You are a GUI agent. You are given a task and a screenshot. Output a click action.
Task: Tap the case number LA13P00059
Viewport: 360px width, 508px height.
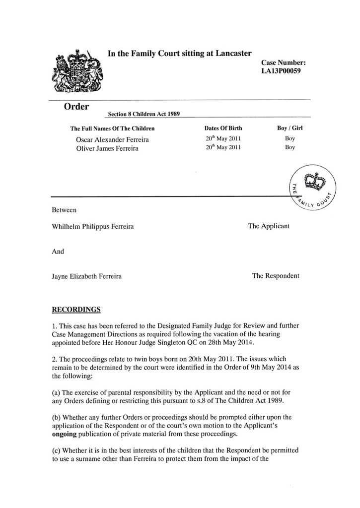click(x=281, y=71)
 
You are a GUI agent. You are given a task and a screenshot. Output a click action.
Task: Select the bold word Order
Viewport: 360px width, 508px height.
click(x=76, y=107)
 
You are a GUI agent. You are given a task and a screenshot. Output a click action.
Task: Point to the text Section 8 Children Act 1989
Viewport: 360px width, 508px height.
click(x=144, y=114)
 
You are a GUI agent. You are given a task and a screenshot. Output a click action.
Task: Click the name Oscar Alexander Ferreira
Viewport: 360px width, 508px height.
click(x=112, y=139)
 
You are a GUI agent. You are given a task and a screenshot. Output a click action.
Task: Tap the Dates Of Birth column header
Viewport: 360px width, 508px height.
click(x=223, y=128)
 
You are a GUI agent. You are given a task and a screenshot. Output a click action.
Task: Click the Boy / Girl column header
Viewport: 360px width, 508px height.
click(x=290, y=128)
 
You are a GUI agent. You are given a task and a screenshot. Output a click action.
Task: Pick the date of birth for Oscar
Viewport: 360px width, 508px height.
click(x=223, y=139)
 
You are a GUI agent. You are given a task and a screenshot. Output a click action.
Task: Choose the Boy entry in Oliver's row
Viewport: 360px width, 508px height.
click(x=290, y=147)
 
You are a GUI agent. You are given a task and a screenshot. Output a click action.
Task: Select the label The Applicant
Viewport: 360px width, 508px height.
click(x=269, y=226)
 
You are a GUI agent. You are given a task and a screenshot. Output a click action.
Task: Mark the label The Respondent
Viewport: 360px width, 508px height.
click(x=276, y=276)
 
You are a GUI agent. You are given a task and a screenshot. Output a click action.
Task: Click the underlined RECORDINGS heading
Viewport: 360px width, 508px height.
click(x=76, y=310)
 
